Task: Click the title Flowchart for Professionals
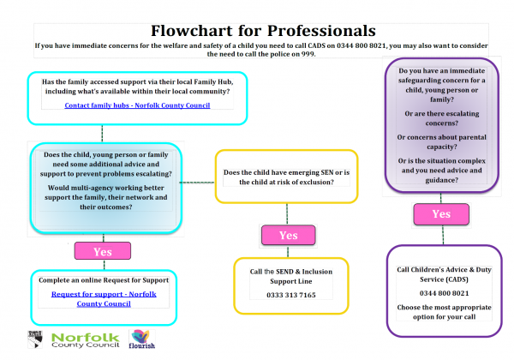point(257,30)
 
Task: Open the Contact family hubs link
point(137,105)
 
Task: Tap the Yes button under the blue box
point(103,252)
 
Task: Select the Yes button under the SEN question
point(288,235)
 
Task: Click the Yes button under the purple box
point(440,213)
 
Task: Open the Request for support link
point(103,297)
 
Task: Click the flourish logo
point(140,340)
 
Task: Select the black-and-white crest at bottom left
point(34,339)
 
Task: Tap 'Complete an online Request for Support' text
point(103,280)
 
